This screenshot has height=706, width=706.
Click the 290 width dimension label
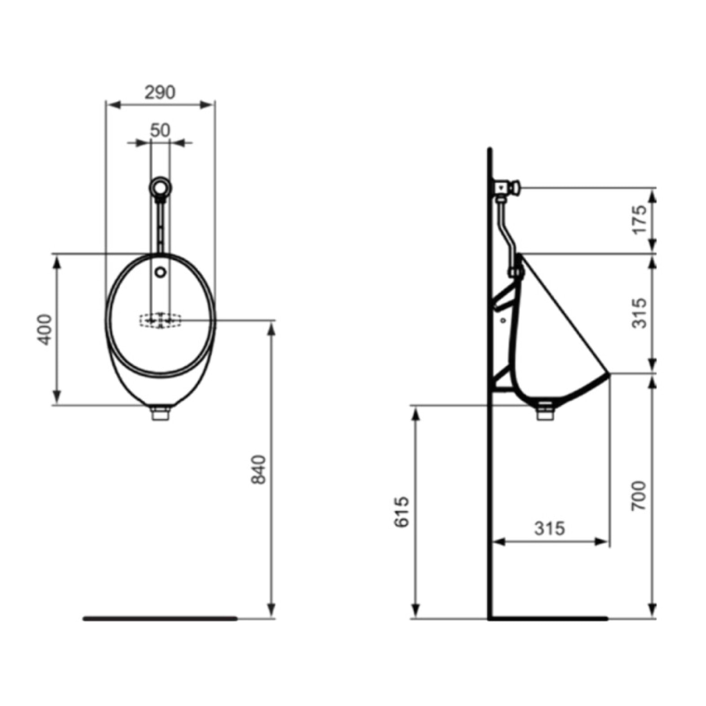tap(160, 92)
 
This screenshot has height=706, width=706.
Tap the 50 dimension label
tap(160, 130)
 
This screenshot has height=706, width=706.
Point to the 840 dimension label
tap(259, 469)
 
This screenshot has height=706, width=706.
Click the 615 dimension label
tap(402, 511)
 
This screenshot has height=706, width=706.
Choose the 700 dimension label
tap(639, 496)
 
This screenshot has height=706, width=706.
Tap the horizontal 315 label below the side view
tap(549, 528)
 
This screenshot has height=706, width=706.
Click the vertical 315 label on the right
tap(639, 313)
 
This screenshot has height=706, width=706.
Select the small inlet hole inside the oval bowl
tap(160, 272)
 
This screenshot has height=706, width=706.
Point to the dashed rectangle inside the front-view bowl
tap(160, 320)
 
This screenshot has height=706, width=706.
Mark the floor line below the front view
tap(160, 618)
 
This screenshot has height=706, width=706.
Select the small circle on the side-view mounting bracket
tap(503, 320)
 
